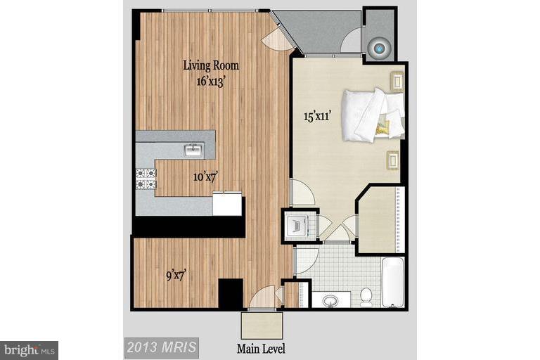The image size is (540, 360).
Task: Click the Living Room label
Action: point(211,66)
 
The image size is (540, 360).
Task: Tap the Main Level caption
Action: point(262,347)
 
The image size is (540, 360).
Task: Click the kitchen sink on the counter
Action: point(193,150)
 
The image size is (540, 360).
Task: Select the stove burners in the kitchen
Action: point(146,178)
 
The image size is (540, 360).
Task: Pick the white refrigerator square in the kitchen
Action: point(227,204)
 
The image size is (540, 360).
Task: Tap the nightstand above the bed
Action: point(397,82)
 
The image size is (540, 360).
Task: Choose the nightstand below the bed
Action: point(392,160)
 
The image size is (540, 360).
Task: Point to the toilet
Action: point(366,298)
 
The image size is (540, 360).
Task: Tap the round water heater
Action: point(380,48)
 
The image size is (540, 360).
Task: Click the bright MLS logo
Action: point(29,349)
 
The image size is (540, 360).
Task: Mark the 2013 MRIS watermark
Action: point(162,347)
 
